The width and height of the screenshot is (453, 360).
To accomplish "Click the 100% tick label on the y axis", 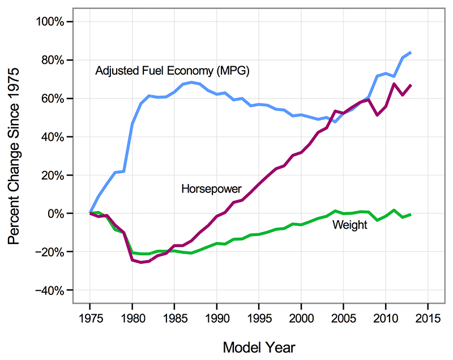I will pos(55,22).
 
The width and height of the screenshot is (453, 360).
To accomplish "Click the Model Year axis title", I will pos(259,346).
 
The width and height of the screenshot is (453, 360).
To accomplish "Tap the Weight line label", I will pos(349,225).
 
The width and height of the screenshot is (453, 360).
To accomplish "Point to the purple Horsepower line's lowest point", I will pos(140,263).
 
